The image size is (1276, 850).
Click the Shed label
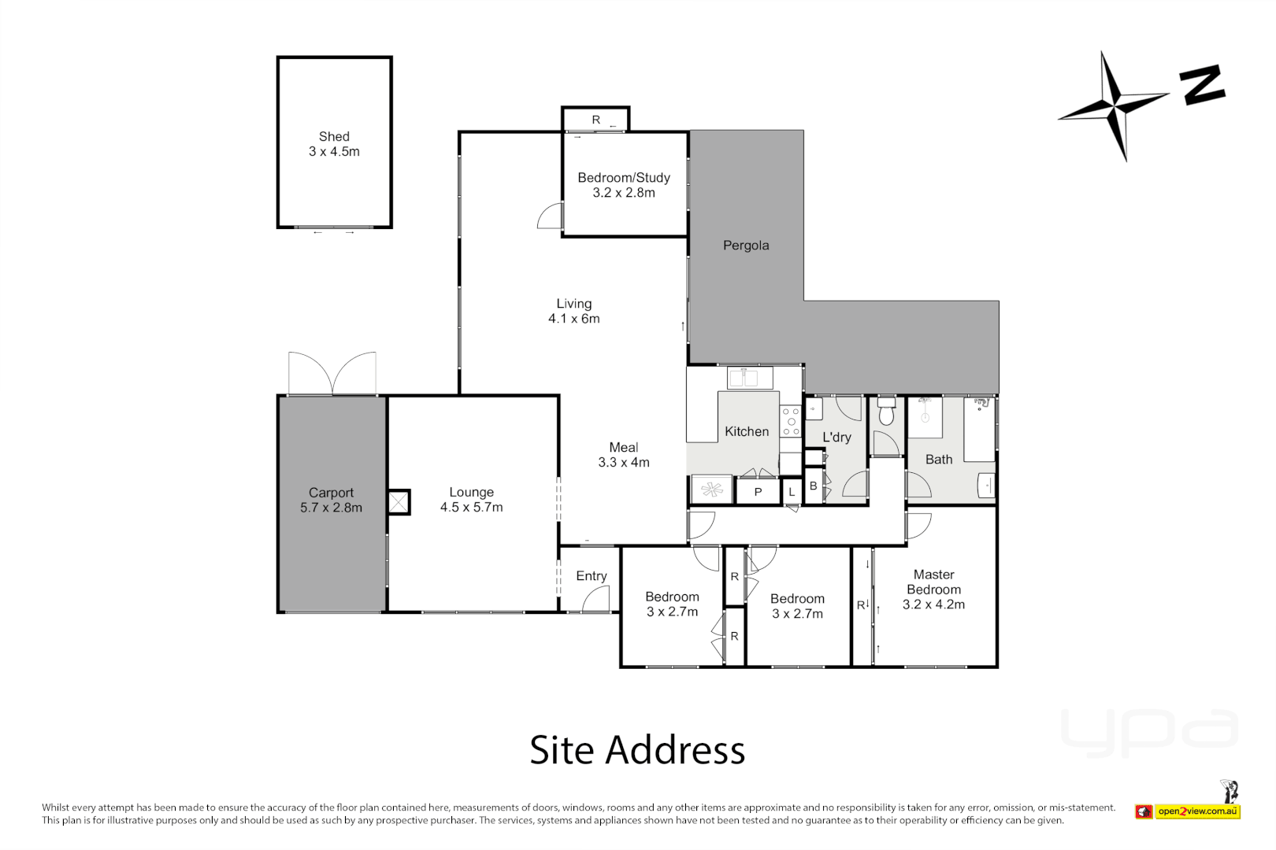click(334, 137)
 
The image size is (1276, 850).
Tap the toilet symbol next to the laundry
click(886, 412)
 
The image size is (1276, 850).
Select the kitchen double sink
click(749, 379)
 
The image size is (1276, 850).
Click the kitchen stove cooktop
click(791, 421)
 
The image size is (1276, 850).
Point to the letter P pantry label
click(758, 493)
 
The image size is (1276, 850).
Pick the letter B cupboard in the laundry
click(813, 486)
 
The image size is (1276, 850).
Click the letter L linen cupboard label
click(792, 493)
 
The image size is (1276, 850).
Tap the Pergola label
click(745, 246)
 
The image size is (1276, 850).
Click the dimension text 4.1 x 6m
click(573, 319)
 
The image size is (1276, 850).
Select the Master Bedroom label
click(933, 582)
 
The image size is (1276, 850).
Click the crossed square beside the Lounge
click(399, 502)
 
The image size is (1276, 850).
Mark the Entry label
click(591, 576)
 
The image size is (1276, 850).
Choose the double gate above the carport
click(332, 373)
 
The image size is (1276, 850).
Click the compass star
click(1114, 105)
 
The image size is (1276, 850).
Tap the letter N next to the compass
click(1202, 84)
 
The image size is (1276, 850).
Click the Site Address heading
click(636, 750)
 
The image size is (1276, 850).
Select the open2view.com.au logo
click(1188, 811)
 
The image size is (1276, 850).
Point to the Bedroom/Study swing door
click(550, 216)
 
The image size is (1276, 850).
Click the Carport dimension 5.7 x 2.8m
click(331, 508)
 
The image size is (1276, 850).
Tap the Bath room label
click(938, 460)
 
